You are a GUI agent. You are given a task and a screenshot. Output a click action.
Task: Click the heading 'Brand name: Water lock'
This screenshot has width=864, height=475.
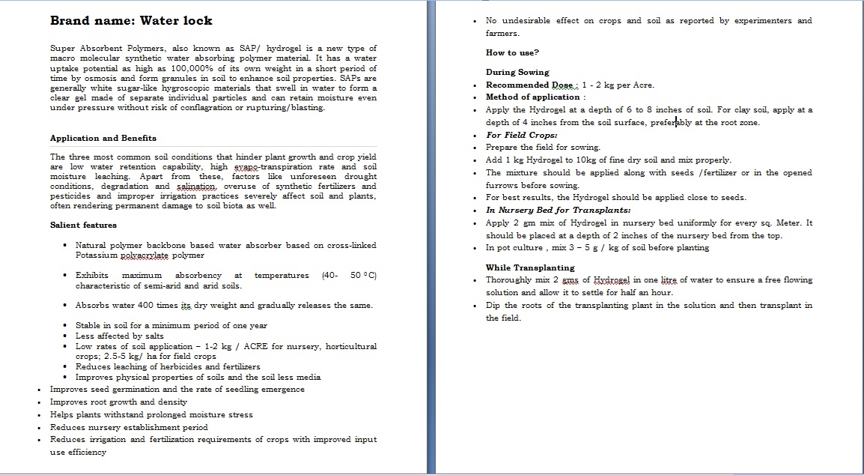[x=131, y=21]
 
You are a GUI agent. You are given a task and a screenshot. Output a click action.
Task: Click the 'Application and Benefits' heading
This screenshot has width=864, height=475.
[x=103, y=138]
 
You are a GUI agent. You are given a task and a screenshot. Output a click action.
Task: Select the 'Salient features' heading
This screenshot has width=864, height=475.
[x=83, y=225]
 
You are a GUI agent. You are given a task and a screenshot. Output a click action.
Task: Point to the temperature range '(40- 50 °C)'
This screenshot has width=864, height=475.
[x=349, y=276]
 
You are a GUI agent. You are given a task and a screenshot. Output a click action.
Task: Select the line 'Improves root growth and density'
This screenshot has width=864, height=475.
[x=118, y=402]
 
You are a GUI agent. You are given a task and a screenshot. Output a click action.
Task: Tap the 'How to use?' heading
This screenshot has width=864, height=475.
[x=512, y=52]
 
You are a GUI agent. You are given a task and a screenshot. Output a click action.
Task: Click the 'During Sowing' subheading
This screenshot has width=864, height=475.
[x=517, y=72]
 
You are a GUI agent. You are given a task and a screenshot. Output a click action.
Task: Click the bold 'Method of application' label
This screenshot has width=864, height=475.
[x=533, y=97]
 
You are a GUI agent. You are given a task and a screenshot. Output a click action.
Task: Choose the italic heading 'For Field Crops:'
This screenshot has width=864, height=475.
[x=521, y=135]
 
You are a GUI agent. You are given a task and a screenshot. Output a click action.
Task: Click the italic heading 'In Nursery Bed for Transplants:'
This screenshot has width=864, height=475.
[x=558, y=211]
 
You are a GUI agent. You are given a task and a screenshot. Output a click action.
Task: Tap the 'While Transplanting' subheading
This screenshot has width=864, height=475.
[x=530, y=267]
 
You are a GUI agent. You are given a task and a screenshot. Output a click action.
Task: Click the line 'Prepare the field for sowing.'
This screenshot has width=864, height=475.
[x=543, y=148]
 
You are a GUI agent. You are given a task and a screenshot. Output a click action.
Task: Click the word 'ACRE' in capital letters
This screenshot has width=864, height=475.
[x=255, y=346]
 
